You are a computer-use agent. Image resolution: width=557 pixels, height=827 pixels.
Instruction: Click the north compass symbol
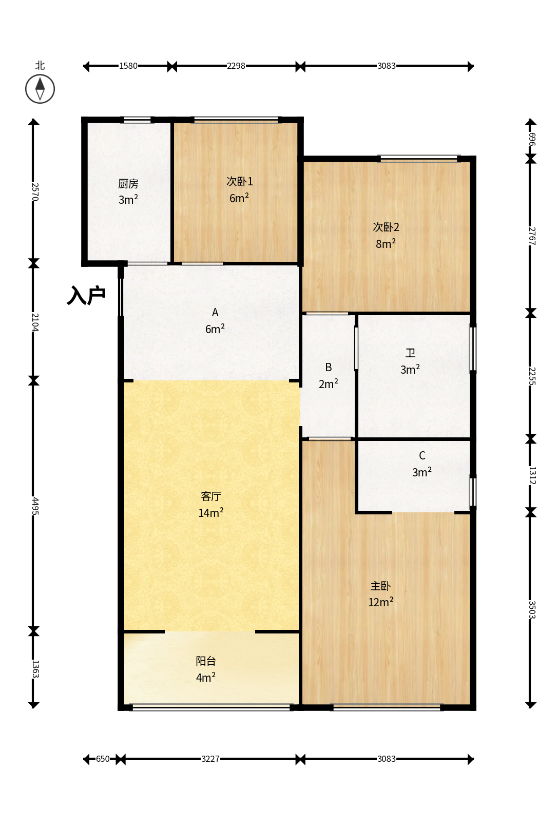[x=40, y=89]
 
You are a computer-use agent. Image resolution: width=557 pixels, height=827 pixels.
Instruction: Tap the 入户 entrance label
[x=86, y=295]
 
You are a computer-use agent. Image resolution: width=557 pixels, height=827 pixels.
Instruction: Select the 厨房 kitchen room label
[x=128, y=183]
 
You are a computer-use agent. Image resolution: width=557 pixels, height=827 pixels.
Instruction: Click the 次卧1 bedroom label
[x=240, y=181]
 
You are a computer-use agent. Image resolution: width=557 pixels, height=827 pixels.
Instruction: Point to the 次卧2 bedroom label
[x=386, y=227]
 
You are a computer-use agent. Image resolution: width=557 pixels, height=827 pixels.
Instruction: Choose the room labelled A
[x=215, y=313]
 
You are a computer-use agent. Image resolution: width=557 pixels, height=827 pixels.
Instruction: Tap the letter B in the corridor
[x=329, y=368]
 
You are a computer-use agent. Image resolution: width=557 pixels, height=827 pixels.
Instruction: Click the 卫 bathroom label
[x=410, y=353]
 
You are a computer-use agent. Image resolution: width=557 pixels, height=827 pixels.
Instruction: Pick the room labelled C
[x=422, y=455]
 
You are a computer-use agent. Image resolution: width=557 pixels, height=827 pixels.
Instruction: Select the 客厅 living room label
[x=211, y=496]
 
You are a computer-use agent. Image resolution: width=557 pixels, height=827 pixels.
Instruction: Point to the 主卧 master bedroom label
[x=380, y=586]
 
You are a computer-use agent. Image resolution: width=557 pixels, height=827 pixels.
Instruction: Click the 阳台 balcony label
[x=206, y=661]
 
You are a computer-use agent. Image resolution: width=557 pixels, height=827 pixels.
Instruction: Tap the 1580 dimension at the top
[x=128, y=66]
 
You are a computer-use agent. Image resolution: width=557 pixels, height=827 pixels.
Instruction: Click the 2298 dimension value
[x=236, y=66]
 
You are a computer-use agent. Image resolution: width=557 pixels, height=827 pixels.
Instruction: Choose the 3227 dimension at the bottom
[x=210, y=759]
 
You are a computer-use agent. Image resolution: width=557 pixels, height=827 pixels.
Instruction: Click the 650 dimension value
[x=103, y=759]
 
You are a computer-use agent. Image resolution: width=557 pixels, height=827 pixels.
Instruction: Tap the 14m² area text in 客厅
[x=211, y=512]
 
